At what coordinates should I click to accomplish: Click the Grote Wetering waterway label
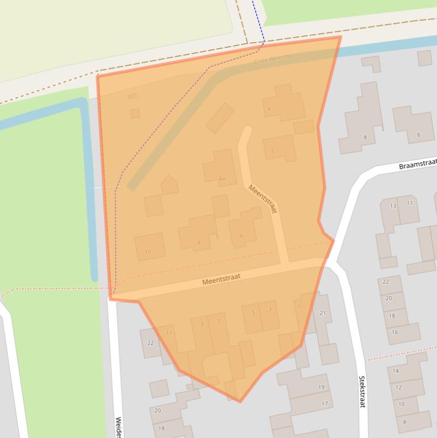[x=272, y=59]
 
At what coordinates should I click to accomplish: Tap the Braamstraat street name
[x=417, y=166]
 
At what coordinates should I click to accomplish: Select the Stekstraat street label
[x=361, y=391]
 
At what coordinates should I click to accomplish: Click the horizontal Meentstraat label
[x=222, y=279]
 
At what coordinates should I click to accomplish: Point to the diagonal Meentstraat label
[x=262, y=199]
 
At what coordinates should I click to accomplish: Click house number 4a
[x=222, y=179]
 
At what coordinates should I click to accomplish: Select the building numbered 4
[x=269, y=109]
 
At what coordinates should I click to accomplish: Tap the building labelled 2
[x=273, y=151]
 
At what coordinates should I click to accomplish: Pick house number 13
[x=393, y=205]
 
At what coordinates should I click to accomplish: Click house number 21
[x=323, y=313]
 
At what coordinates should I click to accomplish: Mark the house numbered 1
[x=299, y=308]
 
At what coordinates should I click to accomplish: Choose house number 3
[x=269, y=310]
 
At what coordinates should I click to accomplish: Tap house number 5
[x=253, y=312]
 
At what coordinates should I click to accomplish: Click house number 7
[x=218, y=322]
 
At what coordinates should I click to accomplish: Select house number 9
[x=202, y=324]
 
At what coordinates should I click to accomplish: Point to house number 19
[x=321, y=387]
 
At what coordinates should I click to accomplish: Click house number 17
[x=325, y=404]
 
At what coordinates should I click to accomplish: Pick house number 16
[x=395, y=332]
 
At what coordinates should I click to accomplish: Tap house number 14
[x=396, y=371]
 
